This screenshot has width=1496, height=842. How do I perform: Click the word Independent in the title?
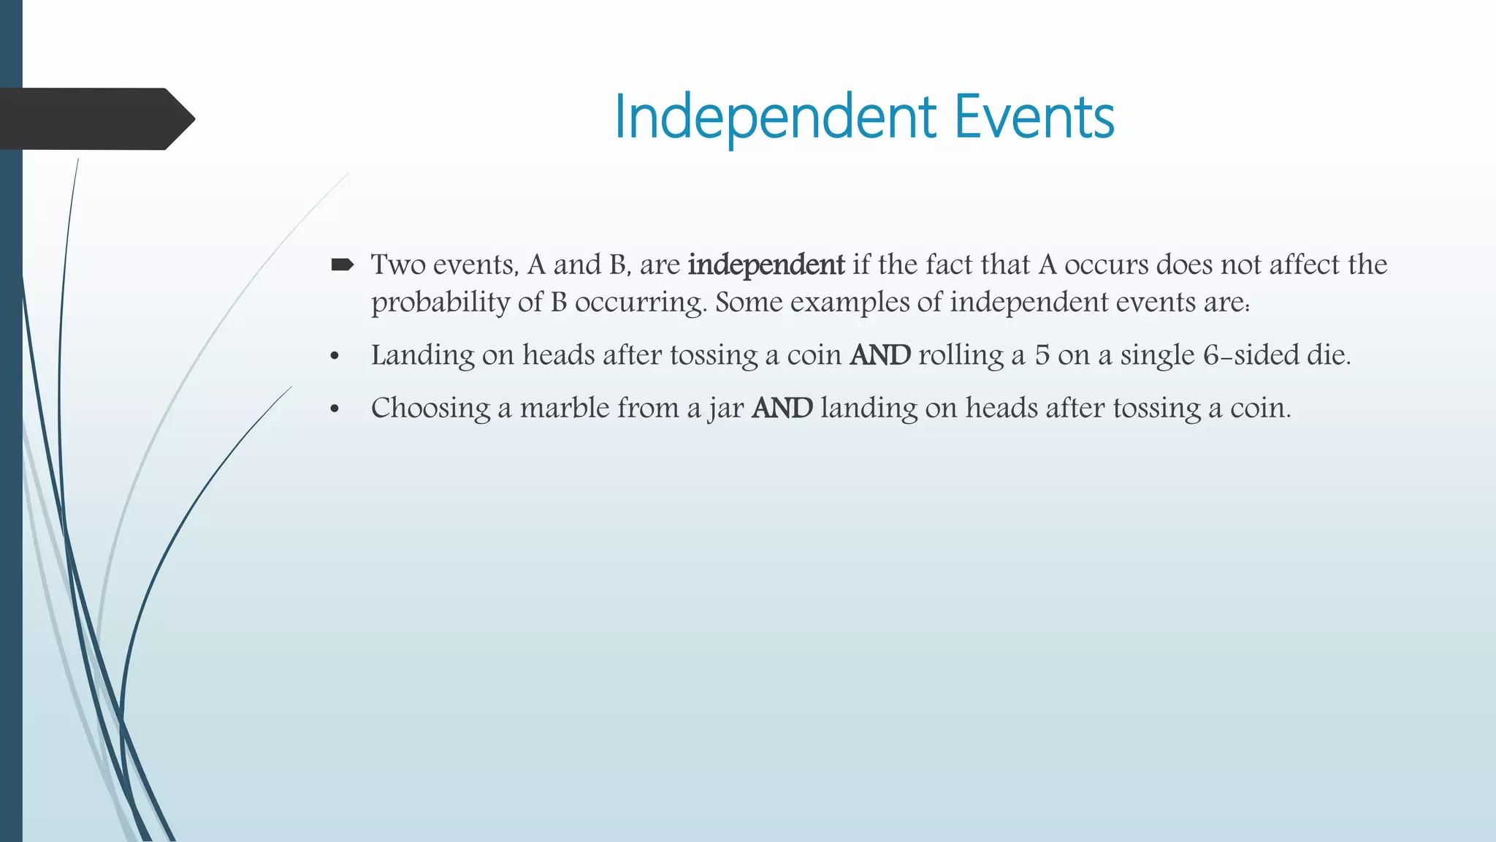tap(775, 118)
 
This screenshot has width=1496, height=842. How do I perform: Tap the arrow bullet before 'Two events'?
tap(342, 265)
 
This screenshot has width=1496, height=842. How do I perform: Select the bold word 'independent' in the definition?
tap(766, 265)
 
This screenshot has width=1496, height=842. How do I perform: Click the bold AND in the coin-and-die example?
tap(879, 355)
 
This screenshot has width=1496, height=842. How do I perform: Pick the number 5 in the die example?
tap(1042, 355)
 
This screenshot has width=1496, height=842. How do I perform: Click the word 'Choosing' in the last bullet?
tap(430, 408)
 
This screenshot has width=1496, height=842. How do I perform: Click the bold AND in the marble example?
tap(782, 408)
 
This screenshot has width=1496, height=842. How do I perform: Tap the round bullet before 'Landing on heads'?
tap(335, 357)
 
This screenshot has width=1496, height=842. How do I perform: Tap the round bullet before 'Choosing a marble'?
tap(335, 410)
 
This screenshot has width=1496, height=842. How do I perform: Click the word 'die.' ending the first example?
tap(1327, 355)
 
